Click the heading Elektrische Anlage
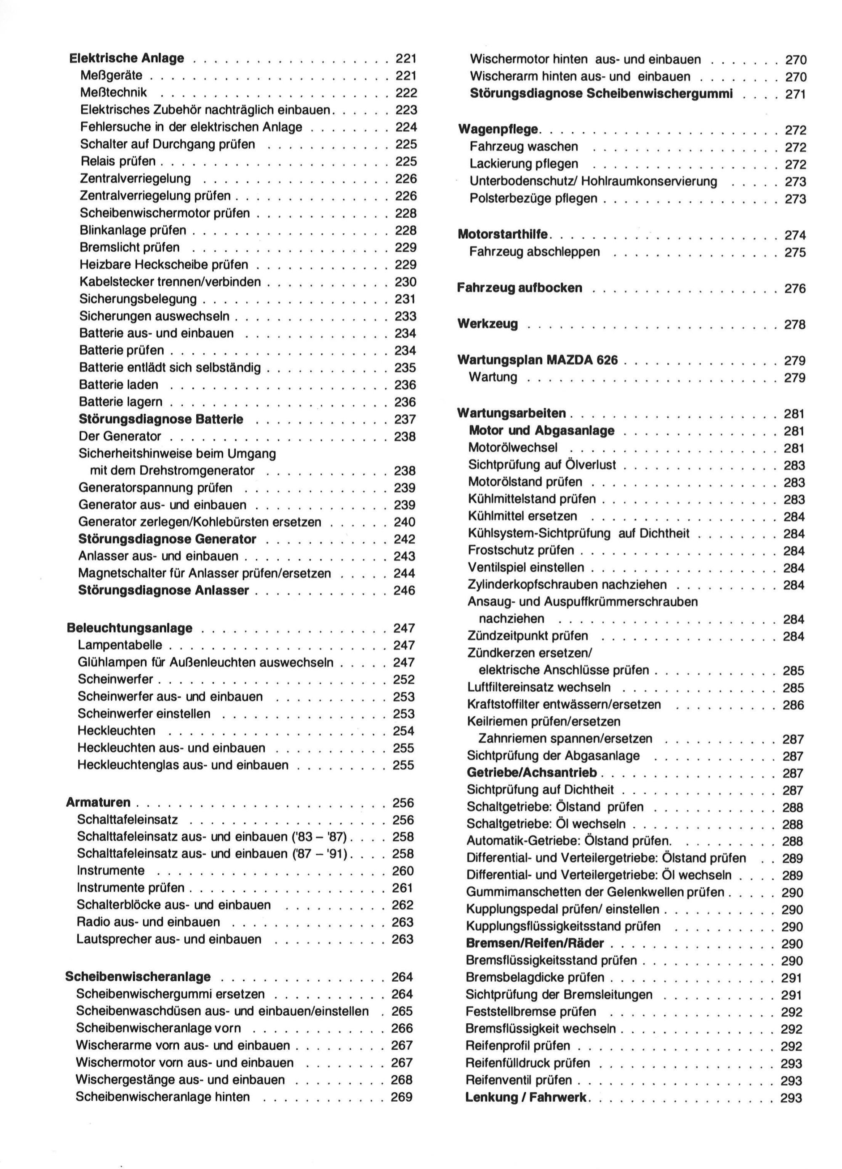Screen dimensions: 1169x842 [126, 58]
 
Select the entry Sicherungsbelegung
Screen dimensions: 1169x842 [138, 299]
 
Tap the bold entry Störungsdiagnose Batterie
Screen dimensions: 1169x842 [161, 419]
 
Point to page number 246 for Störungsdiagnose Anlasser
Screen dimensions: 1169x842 [405, 591]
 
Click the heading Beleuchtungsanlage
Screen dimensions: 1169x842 [129, 628]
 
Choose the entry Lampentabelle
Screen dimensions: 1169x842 [120, 645]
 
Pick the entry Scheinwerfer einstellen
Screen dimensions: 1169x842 [144, 714]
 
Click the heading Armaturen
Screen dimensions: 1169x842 [99, 803]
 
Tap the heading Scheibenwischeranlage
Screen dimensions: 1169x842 [138, 977]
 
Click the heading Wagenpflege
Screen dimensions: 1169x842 [498, 129]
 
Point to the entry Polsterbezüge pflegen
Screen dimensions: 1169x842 [533, 198]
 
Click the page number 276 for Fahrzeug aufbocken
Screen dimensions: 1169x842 [794, 288]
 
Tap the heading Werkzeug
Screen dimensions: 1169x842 [488, 324]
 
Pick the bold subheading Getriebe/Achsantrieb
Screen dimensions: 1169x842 [532, 773]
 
